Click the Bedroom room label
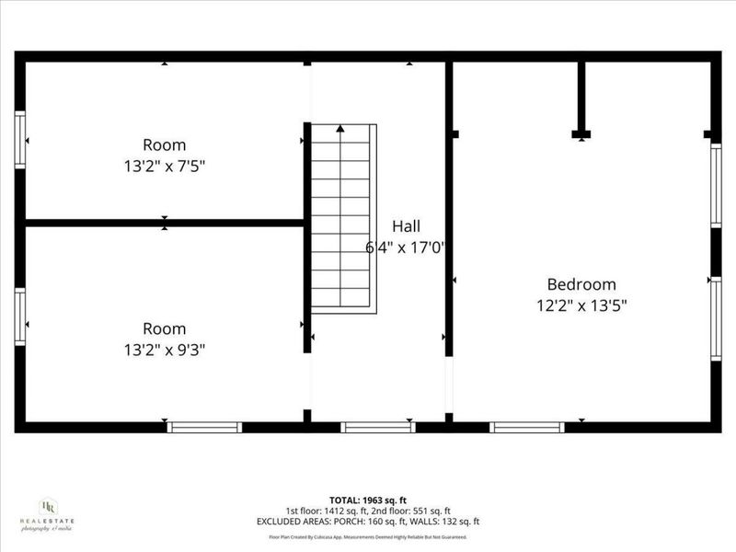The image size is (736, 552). point(581,284)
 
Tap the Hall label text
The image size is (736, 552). point(406,225)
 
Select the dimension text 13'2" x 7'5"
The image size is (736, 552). point(164,166)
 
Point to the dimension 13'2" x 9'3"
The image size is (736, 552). point(164,350)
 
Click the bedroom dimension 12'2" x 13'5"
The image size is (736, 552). point(581,305)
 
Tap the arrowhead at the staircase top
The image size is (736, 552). point(341,130)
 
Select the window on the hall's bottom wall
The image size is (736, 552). point(378,427)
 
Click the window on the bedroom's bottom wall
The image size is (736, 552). point(526,427)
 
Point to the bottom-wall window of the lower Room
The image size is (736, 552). point(204,427)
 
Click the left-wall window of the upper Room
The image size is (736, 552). point(19,140)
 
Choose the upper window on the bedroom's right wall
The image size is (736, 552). point(716,185)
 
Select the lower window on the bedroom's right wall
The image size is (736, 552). point(716,319)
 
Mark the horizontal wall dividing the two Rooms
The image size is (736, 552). point(164,222)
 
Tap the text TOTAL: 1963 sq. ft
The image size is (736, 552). point(367,500)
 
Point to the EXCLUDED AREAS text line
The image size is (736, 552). point(367,522)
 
